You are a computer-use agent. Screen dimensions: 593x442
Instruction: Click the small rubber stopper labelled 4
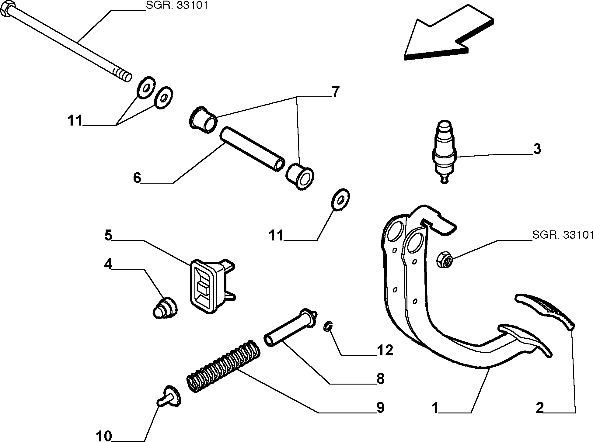165,308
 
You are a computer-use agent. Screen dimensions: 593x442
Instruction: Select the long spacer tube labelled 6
252,150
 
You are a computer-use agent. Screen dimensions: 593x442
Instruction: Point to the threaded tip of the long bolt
123,75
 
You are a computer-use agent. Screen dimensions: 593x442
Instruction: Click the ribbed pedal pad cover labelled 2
545,311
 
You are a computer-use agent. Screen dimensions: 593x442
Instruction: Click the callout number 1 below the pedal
435,408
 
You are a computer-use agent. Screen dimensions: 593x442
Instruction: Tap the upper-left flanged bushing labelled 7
203,119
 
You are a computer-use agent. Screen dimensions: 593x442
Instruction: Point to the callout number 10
104,436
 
